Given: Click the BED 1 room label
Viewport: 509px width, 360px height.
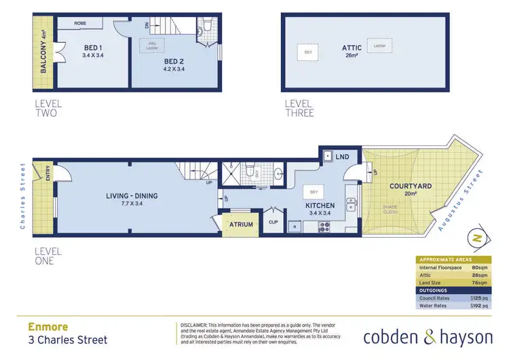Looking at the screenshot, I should coord(93,48).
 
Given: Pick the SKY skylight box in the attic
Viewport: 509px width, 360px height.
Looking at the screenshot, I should coord(307,52).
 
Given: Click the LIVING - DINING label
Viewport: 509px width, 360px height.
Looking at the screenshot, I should coord(132,196).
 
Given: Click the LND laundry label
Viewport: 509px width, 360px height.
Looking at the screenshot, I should coord(343,157).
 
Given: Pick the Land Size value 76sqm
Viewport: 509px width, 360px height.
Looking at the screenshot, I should coord(481,281).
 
